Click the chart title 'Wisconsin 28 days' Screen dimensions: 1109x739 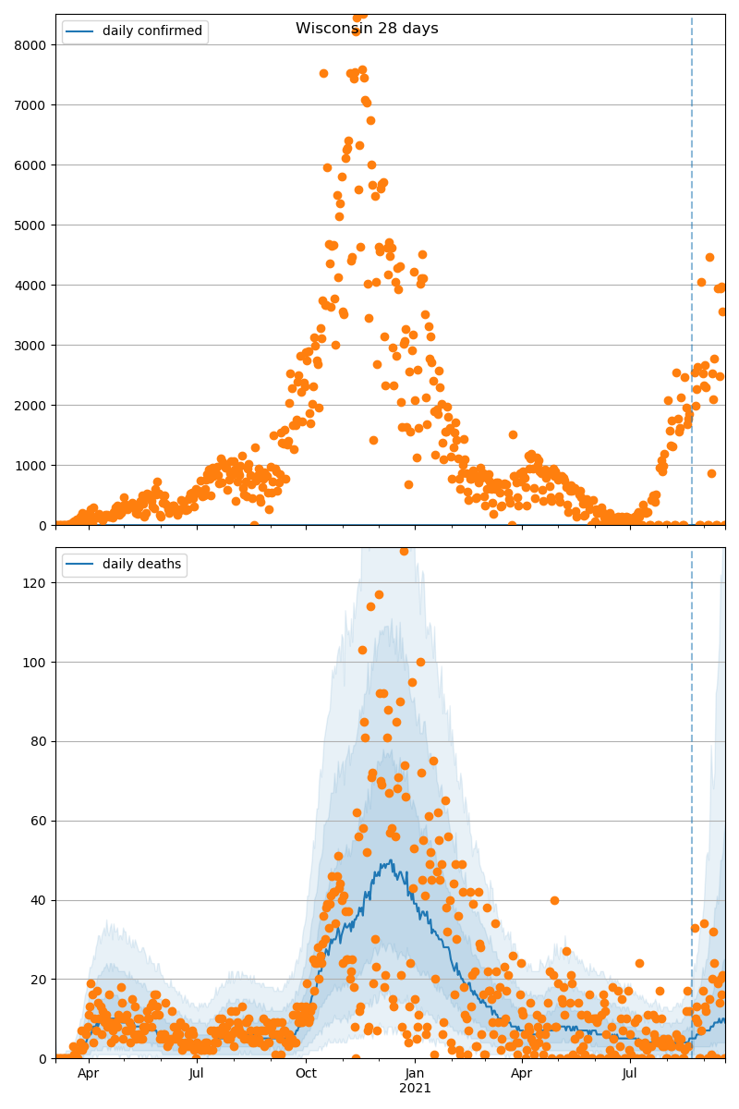coord(367,29)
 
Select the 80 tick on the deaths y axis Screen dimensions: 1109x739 coord(41,741)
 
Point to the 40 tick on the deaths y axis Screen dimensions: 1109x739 coord(41,900)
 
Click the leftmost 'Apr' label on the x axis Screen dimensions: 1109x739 coord(89,1073)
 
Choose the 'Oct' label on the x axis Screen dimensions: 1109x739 coord(306,1073)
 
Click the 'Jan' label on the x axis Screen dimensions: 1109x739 coord(415,1073)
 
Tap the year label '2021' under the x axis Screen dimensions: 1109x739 coord(415,1088)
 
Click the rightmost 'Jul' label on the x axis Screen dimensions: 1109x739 coord(630,1073)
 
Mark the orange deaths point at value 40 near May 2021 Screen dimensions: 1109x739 coord(554,900)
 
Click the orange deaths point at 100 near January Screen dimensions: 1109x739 coord(420,662)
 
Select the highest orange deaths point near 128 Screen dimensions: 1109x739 coord(404,551)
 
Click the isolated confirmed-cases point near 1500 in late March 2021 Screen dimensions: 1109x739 coord(513,434)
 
